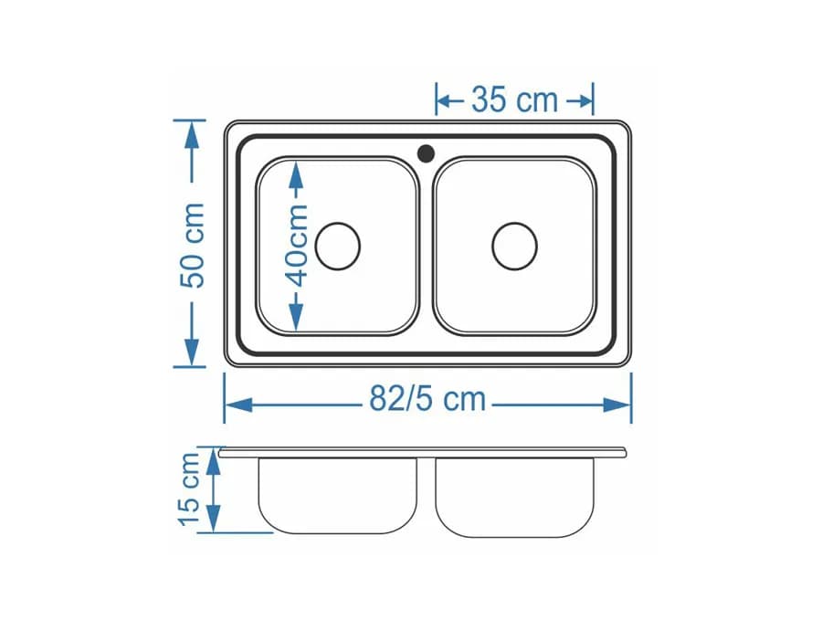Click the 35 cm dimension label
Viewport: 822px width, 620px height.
pos(514,100)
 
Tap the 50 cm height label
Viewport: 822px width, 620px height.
pos(192,246)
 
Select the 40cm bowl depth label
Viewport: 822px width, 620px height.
pos(298,246)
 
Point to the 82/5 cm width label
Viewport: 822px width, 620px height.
pos(427,399)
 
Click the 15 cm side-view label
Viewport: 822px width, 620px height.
pos(189,489)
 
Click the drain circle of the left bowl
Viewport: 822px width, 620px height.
pos(338,246)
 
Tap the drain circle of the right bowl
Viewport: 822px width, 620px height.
pos(515,246)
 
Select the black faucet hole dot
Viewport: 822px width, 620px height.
pos(426,153)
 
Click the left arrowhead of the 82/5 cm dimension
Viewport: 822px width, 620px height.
pos(239,405)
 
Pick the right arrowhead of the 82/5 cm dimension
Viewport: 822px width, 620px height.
pos(616,405)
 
